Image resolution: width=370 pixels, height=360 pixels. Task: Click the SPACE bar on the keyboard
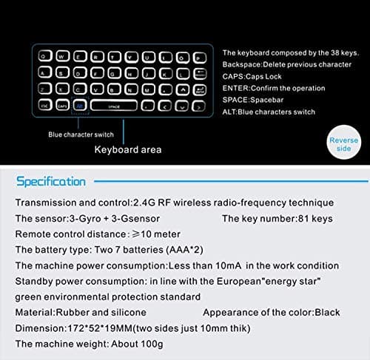coord(113,106)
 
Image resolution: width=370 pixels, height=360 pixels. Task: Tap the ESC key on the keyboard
coord(45,106)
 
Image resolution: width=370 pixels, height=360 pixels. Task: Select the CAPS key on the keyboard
coord(62,106)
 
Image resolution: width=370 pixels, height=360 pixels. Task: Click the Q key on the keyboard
coord(45,55)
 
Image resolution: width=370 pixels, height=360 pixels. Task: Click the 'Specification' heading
coord(51,181)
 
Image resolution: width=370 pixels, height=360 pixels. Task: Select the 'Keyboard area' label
coord(127,150)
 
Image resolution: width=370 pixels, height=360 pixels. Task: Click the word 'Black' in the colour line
coord(328,313)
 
